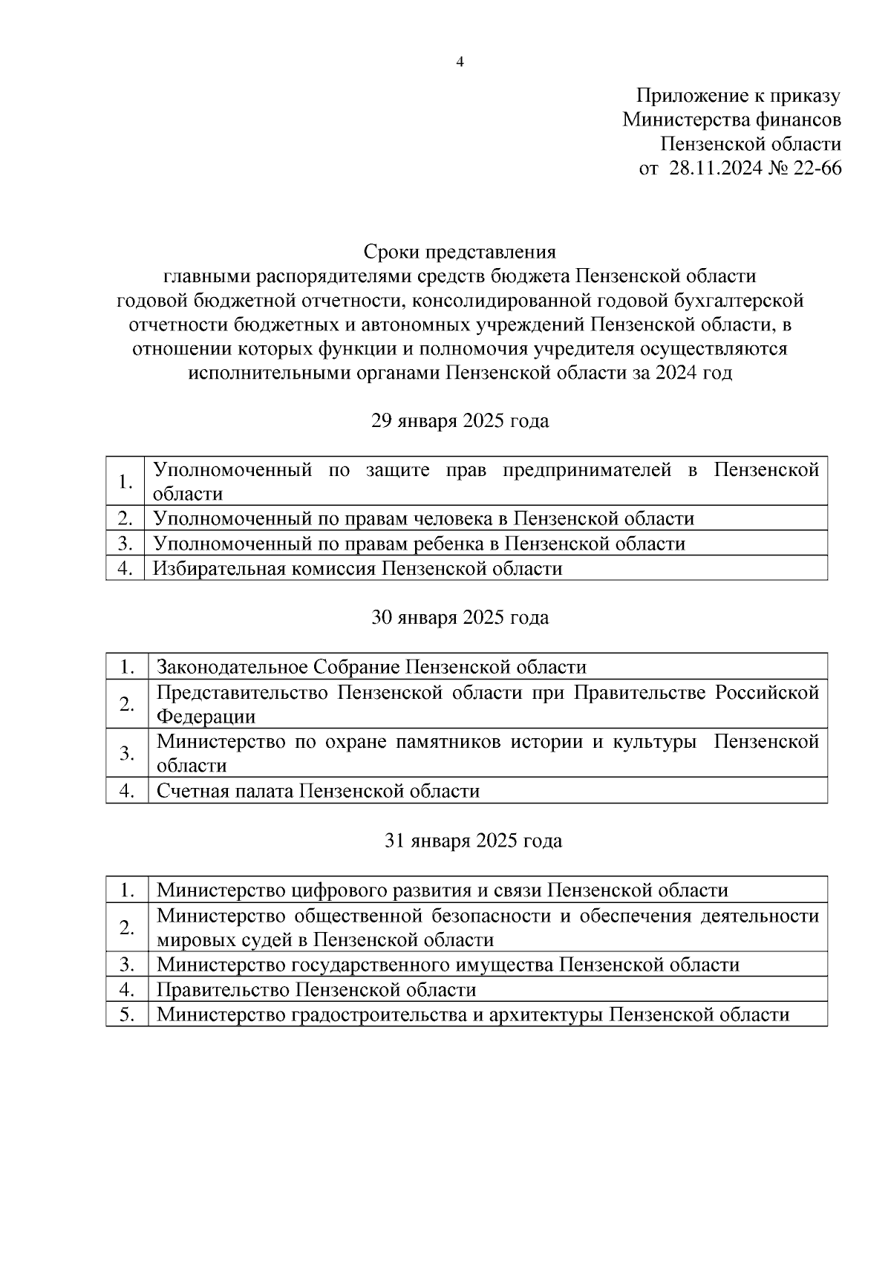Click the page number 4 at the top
point(460,62)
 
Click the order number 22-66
point(817,169)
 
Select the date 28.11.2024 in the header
point(716,169)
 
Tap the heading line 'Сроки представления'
point(460,251)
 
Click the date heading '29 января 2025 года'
point(460,421)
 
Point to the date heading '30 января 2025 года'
point(460,617)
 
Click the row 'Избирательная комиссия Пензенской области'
point(358,568)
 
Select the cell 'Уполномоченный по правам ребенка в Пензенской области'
point(419,544)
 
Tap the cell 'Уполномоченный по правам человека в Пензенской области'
point(423,518)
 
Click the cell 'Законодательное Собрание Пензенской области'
point(371,666)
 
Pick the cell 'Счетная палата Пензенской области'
point(318,791)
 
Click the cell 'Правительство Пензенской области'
point(316,989)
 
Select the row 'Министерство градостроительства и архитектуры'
point(473,1014)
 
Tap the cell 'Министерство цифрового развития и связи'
point(443,890)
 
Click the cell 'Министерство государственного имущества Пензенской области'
point(448,965)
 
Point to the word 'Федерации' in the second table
point(206,717)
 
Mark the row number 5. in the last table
point(127,1014)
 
